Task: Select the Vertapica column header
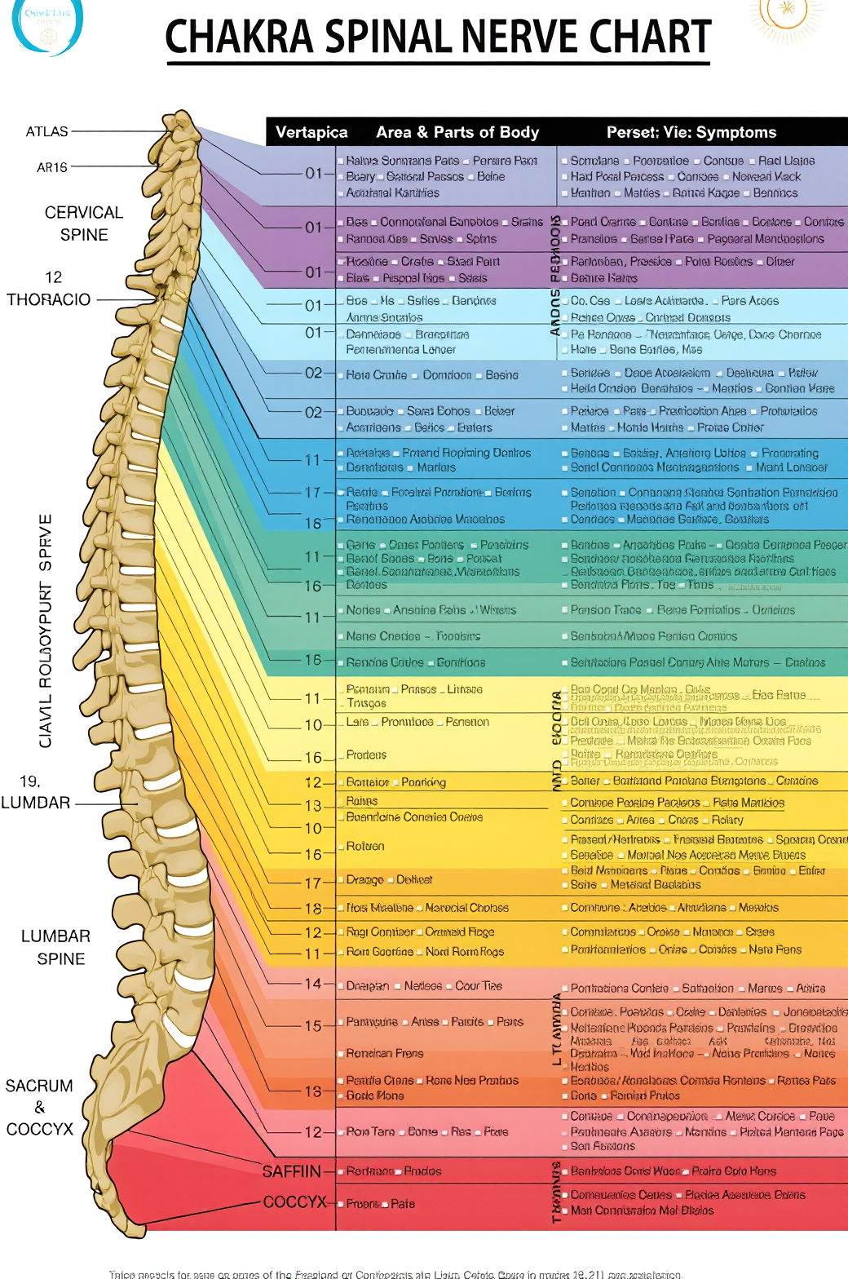point(311,132)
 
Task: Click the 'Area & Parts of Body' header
point(457,132)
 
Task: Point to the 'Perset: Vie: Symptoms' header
point(691,132)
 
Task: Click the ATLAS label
point(47,131)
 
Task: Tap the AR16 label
point(52,167)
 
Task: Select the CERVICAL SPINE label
point(84,223)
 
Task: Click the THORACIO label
point(49,299)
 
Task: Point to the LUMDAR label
point(36,803)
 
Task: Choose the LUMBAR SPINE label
point(56,947)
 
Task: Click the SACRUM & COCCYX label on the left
point(39,1107)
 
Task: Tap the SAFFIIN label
point(291,1171)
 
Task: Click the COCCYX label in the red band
point(294,1202)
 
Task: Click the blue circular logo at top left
point(46,24)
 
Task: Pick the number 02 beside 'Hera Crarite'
point(313,373)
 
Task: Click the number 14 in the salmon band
point(313,984)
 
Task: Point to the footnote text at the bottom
point(395,1273)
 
